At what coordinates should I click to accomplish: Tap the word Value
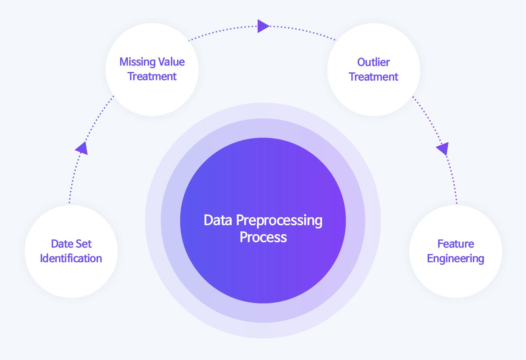click(172, 62)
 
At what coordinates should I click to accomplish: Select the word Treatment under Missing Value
click(152, 76)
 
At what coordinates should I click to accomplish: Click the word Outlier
click(373, 62)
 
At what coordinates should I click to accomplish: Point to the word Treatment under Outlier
click(373, 77)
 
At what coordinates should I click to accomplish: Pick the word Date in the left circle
click(62, 244)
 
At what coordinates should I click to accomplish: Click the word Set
click(83, 244)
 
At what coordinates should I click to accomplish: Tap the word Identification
click(71, 258)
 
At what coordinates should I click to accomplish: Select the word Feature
click(456, 244)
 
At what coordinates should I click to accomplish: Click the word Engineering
click(456, 259)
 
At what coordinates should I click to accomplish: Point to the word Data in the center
click(218, 220)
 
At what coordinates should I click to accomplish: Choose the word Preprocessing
click(279, 221)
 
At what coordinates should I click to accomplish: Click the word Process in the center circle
click(263, 237)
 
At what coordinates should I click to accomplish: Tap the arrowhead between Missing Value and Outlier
click(263, 26)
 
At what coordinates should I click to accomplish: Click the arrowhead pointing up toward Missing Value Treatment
click(82, 148)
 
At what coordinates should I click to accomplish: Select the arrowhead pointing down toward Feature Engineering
click(443, 148)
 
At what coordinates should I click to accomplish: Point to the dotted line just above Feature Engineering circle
click(453, 180)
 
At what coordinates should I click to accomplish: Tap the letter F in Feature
click(441, 244)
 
